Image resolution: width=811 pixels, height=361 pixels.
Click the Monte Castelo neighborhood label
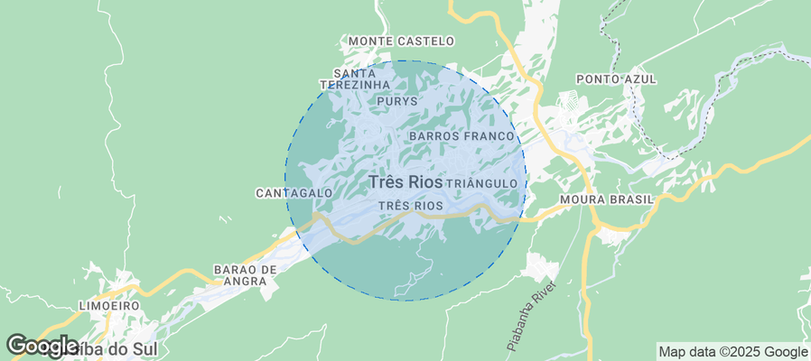click(401, 42)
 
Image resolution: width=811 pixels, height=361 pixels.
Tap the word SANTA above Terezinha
click(354, 73)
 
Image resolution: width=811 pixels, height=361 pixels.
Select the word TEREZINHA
click(361, 85)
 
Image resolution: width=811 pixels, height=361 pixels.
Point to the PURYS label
click(397, 101)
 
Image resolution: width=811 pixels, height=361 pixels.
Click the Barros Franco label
click(461, 135)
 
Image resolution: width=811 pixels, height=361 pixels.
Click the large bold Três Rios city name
click(405, 182)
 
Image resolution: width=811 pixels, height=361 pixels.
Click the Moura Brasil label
click(606, 199)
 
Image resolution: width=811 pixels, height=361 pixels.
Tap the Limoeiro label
click(109, 306)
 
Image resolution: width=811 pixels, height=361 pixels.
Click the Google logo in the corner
click(42, 346)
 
